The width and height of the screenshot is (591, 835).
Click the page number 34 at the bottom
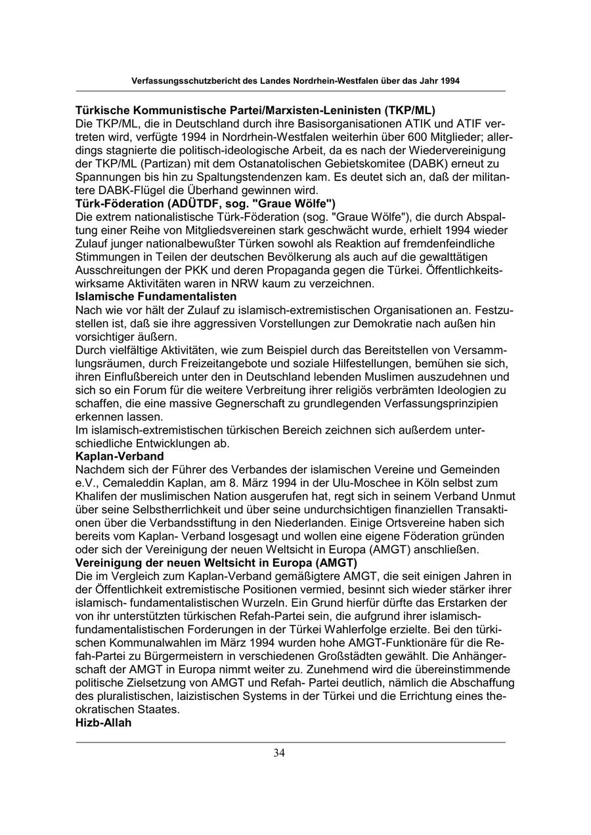pyautogui.click(x=279, y=753)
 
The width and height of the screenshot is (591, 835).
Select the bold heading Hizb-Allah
pyautogui.click(x=104, y=723)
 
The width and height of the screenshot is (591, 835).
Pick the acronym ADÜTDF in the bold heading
pyautogui.click(x=192, y=203)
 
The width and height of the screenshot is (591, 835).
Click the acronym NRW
pyautogui.click(x=229, y=283)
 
